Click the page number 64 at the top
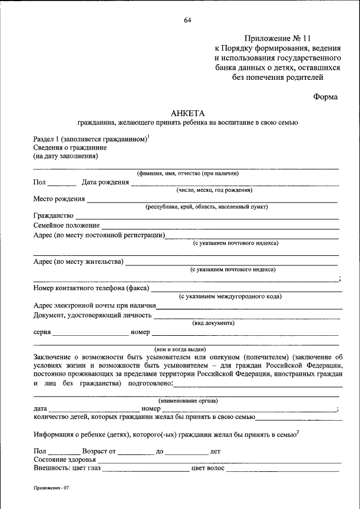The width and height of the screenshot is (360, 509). coord(187,21)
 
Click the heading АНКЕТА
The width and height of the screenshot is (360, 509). coord(187,112)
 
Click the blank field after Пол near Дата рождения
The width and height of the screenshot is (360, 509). coord(62,182)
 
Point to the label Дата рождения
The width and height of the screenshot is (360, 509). coord(105,182)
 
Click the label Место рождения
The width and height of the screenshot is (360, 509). coord(59,199)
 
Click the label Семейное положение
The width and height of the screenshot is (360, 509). coord(66,226)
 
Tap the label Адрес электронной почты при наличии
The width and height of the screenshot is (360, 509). coord(94,305)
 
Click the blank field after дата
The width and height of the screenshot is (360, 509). coord(94,409)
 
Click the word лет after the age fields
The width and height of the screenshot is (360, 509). coord(215,451)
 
